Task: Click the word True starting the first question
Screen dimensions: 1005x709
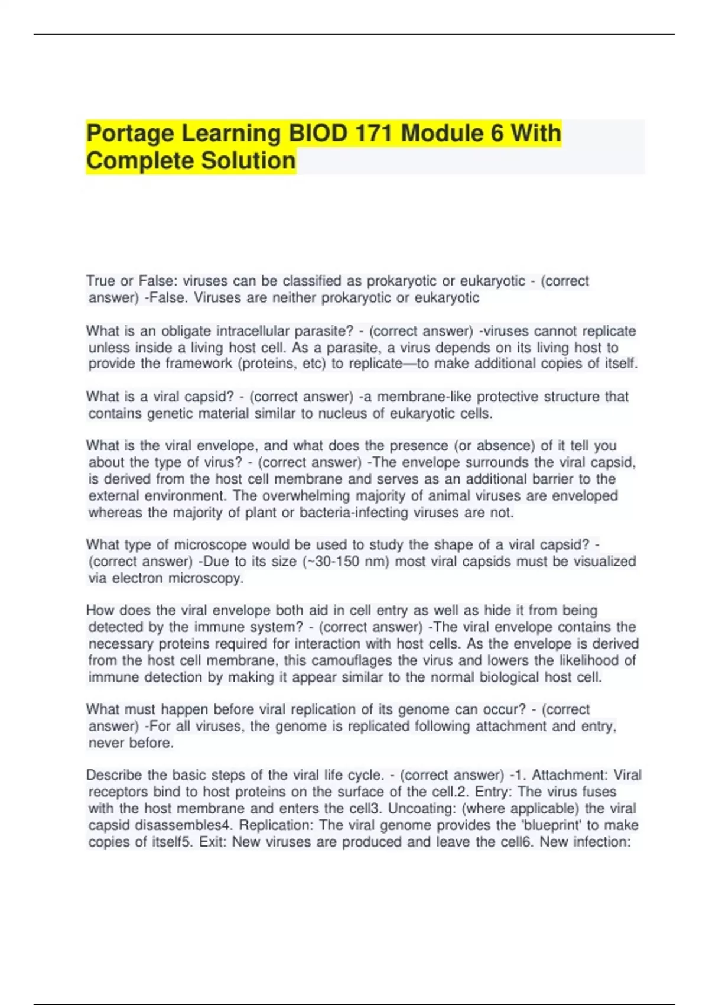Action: click(100, 281)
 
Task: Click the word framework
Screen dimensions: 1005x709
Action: click(199, 364)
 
